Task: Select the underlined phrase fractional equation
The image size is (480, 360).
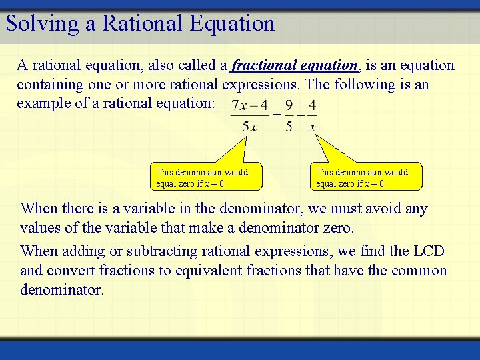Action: point(295,65)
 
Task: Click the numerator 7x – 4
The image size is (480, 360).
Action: point(249,105)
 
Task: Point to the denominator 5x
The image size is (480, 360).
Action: point(250,127)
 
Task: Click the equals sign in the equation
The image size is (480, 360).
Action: point(276,116)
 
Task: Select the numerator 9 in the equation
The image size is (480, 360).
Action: point(289,105)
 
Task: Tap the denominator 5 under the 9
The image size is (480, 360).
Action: point(289,127)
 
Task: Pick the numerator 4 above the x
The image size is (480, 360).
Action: point(312,105)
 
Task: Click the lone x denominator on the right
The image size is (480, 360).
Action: point(312,127)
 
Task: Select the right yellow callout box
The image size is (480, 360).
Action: point(367,177)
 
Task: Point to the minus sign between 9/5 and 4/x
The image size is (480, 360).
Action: point(301,116)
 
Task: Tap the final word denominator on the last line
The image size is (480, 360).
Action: point(62,290)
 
